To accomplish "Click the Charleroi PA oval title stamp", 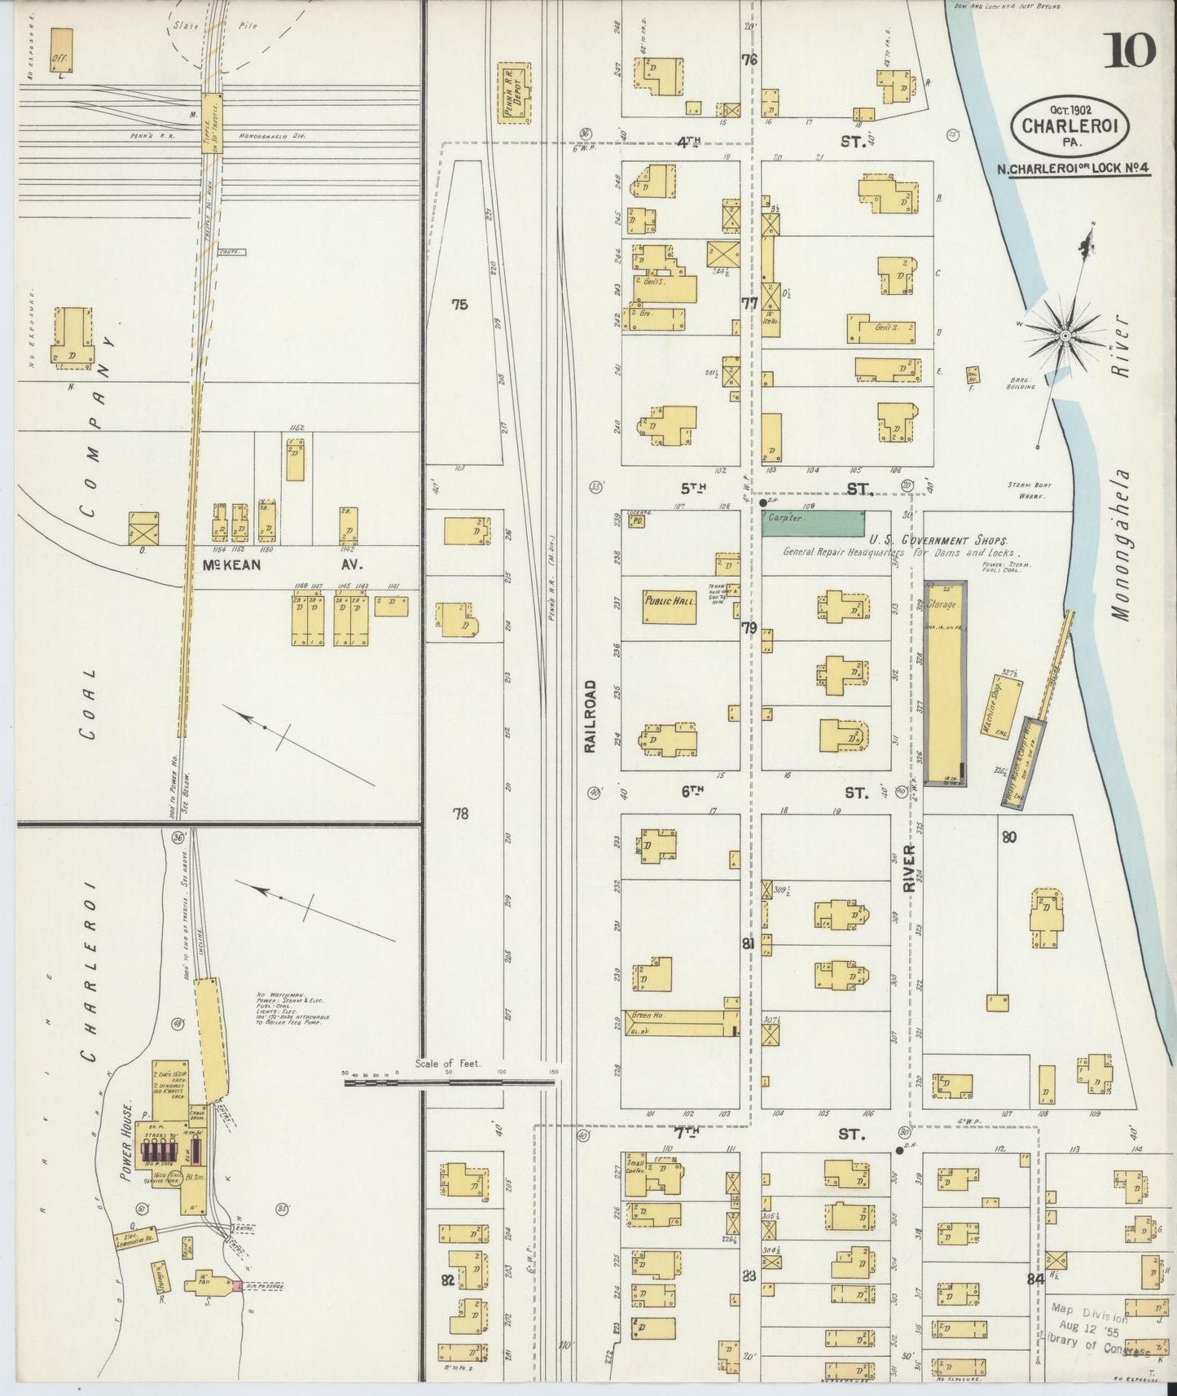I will tap(1057, 124).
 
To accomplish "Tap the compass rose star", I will tap(1065, 335).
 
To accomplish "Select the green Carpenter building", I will tap(813, 524).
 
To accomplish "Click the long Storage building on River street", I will tap(946, 683).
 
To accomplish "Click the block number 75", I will tap(460, 305).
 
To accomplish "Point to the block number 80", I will tap(1009, 836).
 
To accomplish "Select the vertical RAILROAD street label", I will tap(591, 716).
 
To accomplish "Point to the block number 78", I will tap(460, 813).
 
